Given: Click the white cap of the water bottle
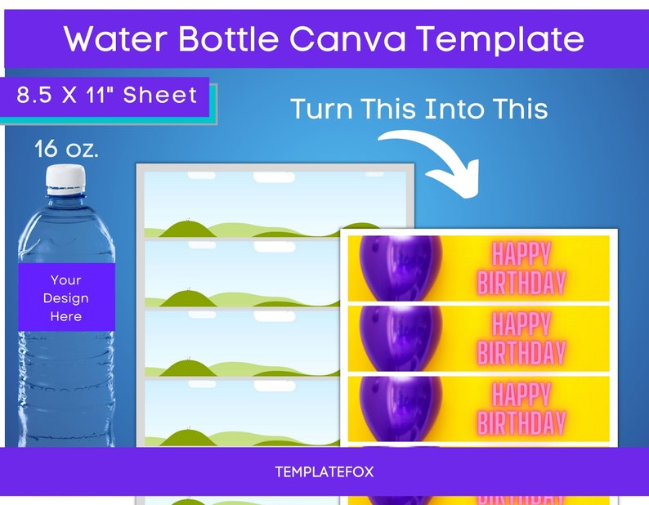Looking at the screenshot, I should (x=65, y=177).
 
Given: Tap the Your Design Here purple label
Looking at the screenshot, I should (x=66, y=297).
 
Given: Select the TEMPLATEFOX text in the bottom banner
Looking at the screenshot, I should (x=324, y=472).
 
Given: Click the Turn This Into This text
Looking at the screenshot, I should (x=418, y=109).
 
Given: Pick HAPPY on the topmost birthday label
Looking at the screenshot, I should (x=521, y=253).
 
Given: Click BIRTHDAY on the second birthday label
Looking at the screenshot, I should (x=521, y=353).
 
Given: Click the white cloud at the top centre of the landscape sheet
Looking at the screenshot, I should (x=275, y=177).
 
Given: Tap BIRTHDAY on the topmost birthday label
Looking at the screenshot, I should (x=521, y=283).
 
